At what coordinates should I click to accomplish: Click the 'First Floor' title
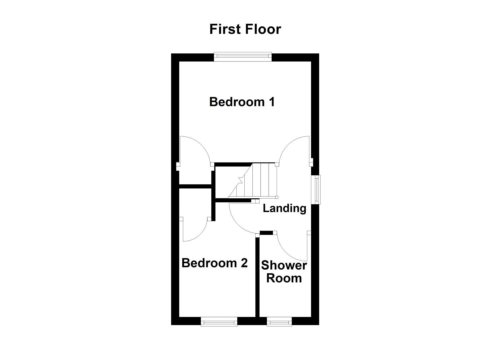[245, 29]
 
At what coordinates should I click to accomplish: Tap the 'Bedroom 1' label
[242, 102]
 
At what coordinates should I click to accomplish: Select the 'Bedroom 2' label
[214, 263]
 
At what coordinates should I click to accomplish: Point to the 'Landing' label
[284, 208]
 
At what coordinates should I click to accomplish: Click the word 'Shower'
[284, 266]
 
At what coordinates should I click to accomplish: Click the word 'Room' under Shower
[284, 278]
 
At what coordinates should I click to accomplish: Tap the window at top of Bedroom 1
[243, 57]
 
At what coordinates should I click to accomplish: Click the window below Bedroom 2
[219, 321]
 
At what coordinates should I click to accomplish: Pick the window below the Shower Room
[279, 321]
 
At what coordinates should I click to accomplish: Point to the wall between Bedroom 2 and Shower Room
[257, 277]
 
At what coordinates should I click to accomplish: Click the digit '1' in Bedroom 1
[271, 102]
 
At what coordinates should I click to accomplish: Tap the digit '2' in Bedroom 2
[244, 263]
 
